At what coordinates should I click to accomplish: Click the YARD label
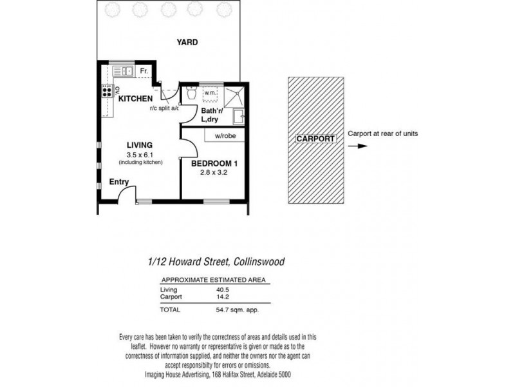[187, 43]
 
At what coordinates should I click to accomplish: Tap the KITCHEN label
[135, 99]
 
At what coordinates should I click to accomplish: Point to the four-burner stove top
[106, 91]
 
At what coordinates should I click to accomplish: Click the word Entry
[118, 183]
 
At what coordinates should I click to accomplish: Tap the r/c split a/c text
[164, 108]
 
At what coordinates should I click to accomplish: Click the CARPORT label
[315, 139]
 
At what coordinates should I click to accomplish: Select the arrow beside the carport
[362, 146]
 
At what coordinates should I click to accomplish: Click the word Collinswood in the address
[256, 263]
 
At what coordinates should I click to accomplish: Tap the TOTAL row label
[171, 310]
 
